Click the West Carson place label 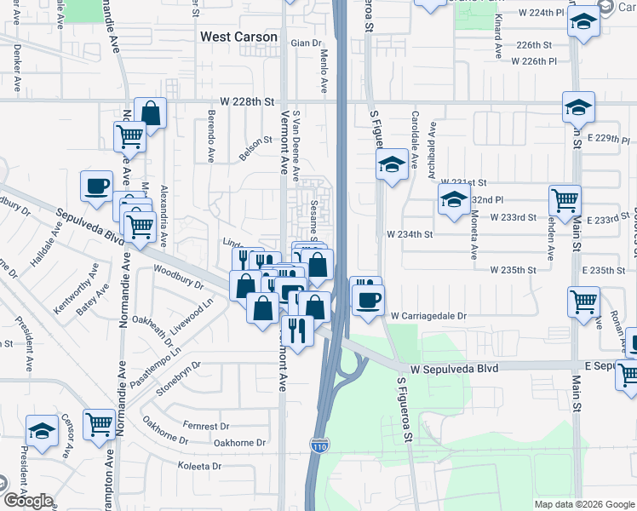pos(238,37)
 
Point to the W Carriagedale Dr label pos(429,315)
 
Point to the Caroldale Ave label pos(416,136)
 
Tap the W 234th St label pos(410,233)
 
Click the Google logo pos(27,501)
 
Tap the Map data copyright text pos(583,504)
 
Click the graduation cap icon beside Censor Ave pos(41,429)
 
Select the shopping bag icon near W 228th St pos(151,113)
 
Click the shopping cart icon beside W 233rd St pos(565,200)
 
